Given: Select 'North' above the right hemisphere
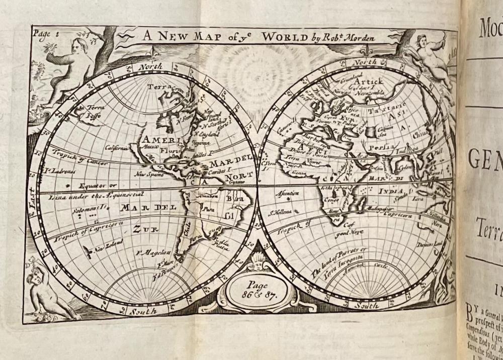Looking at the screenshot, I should (x=366, y=62).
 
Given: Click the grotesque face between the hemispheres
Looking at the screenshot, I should (x=258, y=262).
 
